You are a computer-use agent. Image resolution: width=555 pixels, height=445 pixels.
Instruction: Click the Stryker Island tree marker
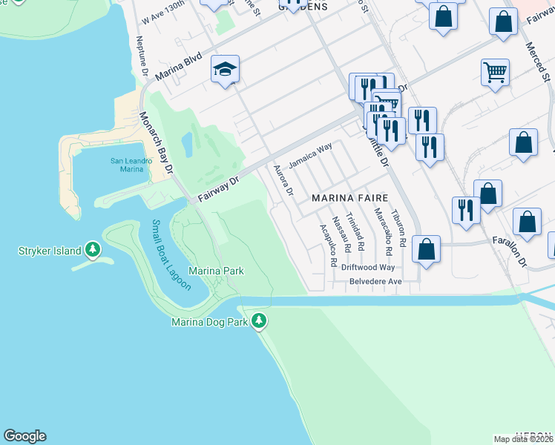[92, 250]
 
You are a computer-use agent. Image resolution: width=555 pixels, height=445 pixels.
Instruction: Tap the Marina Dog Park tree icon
[258, 321]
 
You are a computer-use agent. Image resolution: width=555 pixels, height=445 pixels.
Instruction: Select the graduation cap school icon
[225, 70]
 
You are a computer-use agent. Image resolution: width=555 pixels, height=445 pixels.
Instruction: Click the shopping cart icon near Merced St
[495, 73]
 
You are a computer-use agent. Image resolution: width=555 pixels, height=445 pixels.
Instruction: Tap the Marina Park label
[216, 271]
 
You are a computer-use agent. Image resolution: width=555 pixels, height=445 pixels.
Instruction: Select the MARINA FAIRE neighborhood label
[351, 198]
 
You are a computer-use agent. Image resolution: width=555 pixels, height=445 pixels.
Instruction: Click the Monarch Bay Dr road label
[156, 144]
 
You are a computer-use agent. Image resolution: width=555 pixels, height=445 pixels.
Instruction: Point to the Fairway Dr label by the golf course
[216, 190]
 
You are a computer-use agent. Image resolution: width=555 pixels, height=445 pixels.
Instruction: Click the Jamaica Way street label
[310, 159]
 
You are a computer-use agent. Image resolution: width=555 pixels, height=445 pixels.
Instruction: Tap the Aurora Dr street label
[284, 180]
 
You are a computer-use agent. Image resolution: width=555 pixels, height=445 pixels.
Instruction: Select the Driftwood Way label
[372, 267]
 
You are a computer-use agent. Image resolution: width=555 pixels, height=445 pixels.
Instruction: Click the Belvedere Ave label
[376, 282]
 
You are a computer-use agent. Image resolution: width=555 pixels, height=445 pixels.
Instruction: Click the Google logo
[24, 436]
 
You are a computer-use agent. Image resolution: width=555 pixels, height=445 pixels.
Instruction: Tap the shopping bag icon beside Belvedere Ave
[427, 249]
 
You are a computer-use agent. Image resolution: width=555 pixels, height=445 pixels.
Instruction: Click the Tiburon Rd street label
[398, 228]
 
